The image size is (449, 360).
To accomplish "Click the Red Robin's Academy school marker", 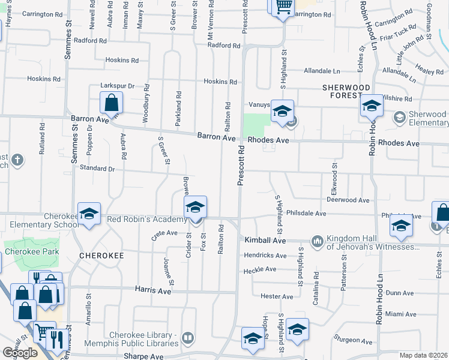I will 196,208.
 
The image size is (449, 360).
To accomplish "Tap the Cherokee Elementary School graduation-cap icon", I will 89,214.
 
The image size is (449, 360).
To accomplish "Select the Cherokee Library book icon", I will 188,339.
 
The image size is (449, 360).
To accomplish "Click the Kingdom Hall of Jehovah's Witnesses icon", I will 317,242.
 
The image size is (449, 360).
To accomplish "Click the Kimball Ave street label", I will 265,240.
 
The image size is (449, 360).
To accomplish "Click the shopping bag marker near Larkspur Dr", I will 112,103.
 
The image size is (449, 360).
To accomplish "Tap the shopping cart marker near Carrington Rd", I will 283,8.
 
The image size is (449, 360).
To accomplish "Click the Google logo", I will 20,353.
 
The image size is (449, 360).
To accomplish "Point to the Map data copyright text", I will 424,355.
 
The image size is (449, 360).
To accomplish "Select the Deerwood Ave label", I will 348,200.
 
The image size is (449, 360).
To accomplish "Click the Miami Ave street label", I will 401,314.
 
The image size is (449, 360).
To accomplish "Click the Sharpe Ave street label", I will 143,356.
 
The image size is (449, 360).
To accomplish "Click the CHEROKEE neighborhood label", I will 101,256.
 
